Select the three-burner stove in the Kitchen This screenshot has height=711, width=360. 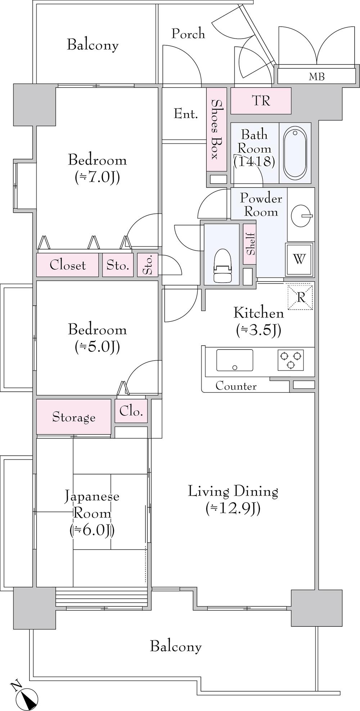pos(291,360)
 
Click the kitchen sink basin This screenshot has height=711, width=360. pos(234,360)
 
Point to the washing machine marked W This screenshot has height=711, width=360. pos(299,258)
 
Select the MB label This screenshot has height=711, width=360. pos(316,76)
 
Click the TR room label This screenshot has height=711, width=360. pos(261,101)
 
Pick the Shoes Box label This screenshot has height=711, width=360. pos(216,129)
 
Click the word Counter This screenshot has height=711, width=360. pos(236,386)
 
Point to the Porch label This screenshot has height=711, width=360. pos(188,33)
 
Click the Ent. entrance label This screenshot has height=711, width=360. pos(186,114)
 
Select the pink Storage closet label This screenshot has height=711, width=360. pos(74,417)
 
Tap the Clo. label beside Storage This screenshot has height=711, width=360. pos(131,411)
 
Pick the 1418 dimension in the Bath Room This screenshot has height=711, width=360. pos(254,161)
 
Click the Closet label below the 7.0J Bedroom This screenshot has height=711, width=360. pos(68,265)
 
